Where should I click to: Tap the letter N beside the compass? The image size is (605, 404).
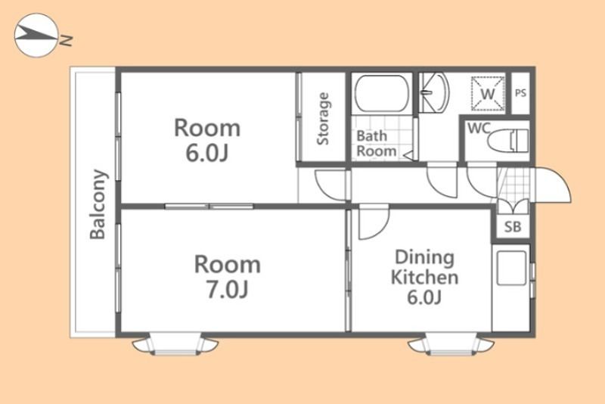click(x=66, y=40)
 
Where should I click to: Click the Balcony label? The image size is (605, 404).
click(x=98, y=204)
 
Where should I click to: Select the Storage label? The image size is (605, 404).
click(x=323, y=119)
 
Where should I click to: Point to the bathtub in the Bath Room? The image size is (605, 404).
click(x=381, y=93)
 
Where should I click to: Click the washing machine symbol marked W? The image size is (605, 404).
click(x=488, y=93)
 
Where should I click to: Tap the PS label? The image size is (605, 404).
click(x=520, y=93)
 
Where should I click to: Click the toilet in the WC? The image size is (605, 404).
click(x=507, y=140)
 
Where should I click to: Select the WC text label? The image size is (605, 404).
click(x=479, y=128)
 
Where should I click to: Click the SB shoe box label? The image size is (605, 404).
click(x=513, y=227)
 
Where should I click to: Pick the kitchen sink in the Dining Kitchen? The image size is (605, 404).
click(x=511, y=268)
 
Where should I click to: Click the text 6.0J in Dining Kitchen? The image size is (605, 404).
click(x=424, y=297)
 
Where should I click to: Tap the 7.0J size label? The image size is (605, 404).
click(x=228, y=289)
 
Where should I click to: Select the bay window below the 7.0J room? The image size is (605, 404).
click(x=175, y=344)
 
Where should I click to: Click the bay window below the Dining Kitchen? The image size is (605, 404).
click(x=451, y=344)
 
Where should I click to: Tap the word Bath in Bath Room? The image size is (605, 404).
click(x=371, y=136)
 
